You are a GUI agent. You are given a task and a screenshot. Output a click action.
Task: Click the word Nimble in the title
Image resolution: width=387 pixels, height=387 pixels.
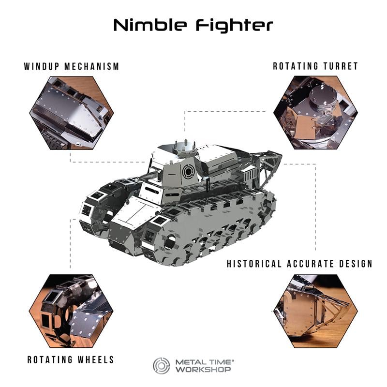[150, 25]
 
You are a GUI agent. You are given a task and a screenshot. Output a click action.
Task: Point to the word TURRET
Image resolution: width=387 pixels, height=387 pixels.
[340, 66]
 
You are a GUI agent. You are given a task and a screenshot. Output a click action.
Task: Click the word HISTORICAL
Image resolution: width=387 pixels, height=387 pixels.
[253, 264]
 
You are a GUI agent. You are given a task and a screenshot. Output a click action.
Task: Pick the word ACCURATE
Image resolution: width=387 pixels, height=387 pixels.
[308, 264]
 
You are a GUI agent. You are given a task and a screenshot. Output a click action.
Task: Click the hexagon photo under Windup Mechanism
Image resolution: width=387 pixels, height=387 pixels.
[72, 112]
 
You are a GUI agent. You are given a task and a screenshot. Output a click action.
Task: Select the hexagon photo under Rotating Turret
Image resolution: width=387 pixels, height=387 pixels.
[315, 112]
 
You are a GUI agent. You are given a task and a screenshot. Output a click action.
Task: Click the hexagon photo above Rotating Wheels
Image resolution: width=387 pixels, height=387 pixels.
[72, 311]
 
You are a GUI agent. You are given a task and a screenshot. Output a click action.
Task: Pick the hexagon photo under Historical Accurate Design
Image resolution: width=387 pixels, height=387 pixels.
[315, 311]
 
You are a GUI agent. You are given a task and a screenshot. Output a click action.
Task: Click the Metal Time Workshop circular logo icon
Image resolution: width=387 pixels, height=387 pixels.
[162, 365]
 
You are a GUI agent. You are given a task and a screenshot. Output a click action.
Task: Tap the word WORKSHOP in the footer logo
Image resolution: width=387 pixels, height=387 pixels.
[203, 370]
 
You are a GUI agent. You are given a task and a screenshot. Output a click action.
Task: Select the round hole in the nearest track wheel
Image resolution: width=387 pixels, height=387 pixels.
[169, 242]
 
